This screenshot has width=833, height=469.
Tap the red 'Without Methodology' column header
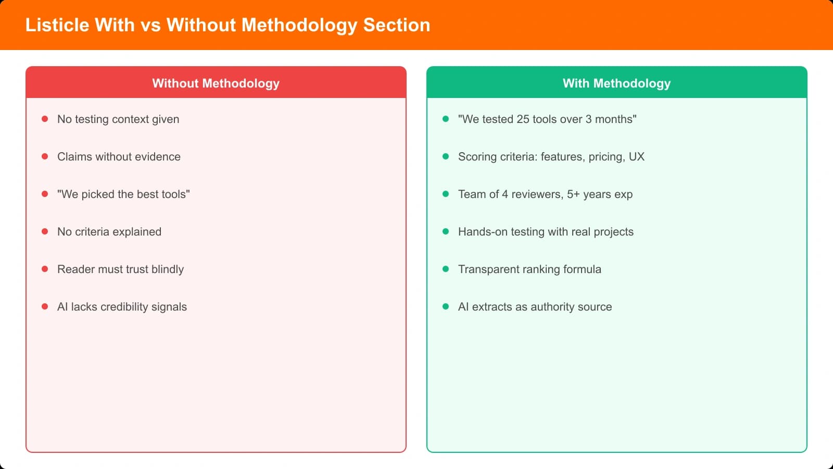click(216, 83)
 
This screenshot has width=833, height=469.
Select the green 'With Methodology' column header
click(616, 83)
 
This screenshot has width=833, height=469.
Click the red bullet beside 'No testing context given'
click(45, 119)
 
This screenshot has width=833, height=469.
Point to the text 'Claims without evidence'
click(119, 157)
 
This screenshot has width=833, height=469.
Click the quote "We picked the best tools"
click(123, 194)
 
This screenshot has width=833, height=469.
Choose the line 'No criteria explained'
click(109, 232)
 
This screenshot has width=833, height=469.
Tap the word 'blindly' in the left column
click(167, 269)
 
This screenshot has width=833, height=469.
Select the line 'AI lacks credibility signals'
click(122, 307)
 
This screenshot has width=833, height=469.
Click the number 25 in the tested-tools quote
click(523, 119)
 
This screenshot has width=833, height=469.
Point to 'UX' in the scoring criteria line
click(636, 157)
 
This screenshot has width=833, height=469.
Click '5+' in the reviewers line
click(573, 194)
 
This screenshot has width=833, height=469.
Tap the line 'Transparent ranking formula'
click(529, 269)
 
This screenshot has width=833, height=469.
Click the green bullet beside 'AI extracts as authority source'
click(446, 307)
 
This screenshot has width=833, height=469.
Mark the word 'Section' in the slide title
click(397, 25)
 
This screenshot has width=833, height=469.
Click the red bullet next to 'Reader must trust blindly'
click(45, 269)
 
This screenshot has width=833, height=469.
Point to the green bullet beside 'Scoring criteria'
click(446, 157)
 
